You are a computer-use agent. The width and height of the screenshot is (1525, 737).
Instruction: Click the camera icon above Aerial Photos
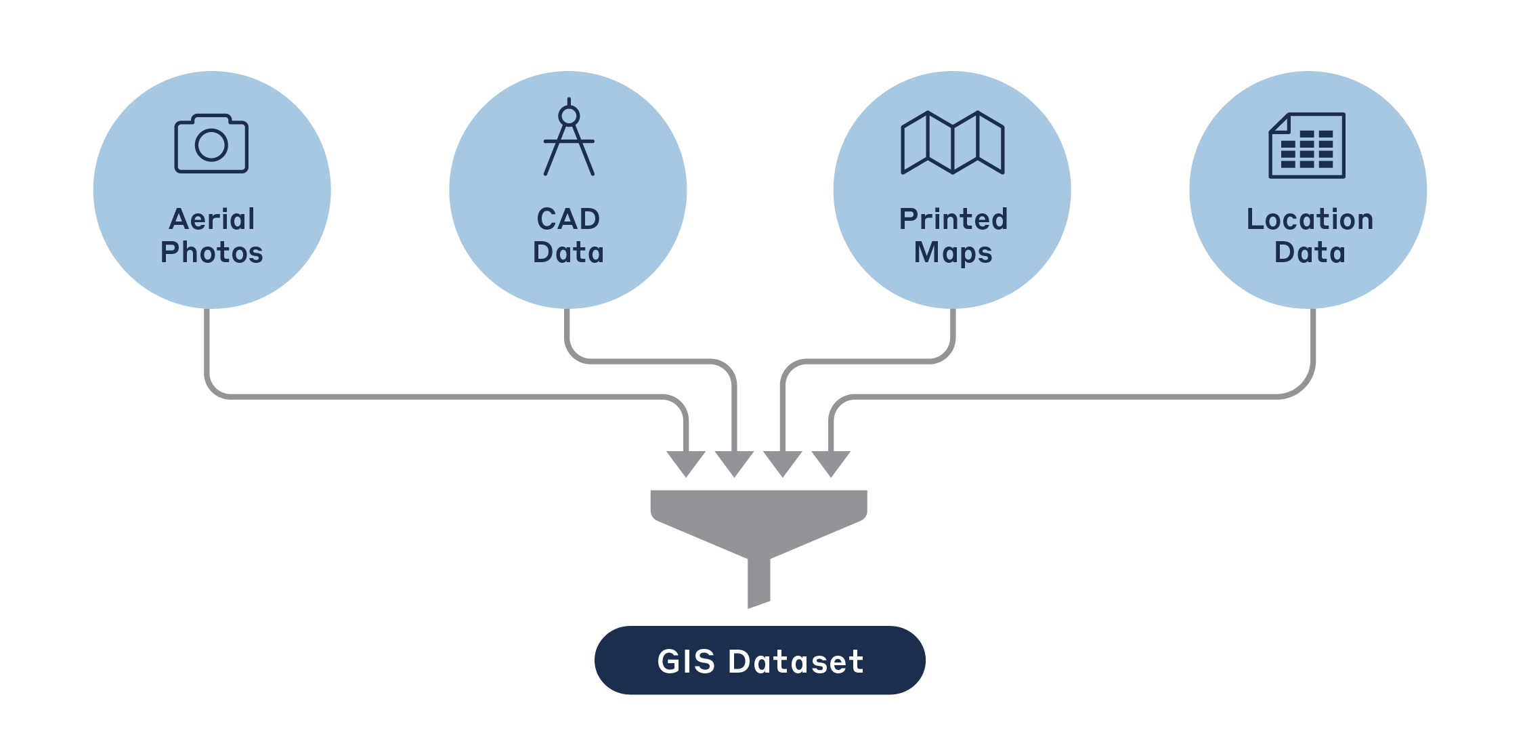(211, 143)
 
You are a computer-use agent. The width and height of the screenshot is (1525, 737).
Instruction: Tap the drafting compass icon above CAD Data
(569, 138)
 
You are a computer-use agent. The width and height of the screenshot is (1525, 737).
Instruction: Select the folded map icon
(953, 142)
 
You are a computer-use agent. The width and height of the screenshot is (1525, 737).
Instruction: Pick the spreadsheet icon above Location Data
(1307, 145)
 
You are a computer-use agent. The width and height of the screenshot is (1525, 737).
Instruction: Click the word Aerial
(212, 219)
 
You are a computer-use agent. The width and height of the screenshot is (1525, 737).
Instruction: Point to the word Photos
(212, 253)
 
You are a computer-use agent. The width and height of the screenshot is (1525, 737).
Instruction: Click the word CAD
(568, 219)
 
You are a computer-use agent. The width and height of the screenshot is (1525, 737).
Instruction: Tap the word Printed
(953, 219)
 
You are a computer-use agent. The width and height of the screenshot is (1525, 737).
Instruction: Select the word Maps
(953, 253)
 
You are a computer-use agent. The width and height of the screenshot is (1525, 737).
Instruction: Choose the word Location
(1310, 219)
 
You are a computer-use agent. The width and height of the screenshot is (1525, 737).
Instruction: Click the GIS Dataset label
(760, 660)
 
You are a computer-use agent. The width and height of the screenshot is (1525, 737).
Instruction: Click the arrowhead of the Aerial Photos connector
(686, 464)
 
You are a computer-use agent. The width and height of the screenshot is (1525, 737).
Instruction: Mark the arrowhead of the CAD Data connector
(734, 464)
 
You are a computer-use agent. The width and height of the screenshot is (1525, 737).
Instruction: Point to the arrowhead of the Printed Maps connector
(783, 464)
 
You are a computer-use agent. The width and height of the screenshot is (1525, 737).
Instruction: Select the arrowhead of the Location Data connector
(831, 464)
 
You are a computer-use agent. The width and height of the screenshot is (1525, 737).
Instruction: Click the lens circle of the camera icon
(211, 145)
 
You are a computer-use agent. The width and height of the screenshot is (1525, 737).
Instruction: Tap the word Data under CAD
(568, 253)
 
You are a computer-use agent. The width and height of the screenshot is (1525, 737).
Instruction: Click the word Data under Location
(1310, 253)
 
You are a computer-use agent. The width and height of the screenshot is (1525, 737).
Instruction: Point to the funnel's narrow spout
(758, 583)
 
